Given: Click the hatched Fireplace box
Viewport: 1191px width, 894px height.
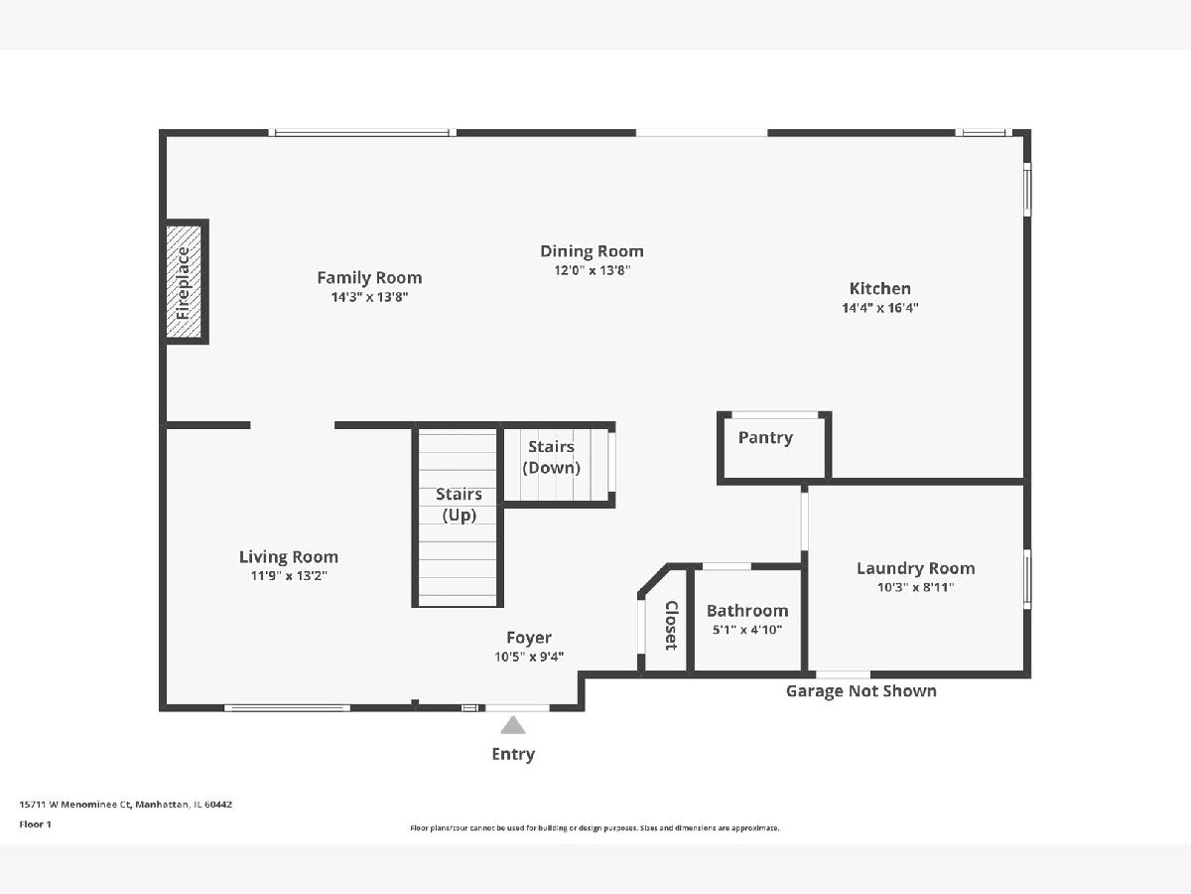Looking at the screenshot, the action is coord(184,282).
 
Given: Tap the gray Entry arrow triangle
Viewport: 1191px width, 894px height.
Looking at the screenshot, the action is coord(513,725).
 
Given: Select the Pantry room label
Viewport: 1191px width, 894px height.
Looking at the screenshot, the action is coord(765,437).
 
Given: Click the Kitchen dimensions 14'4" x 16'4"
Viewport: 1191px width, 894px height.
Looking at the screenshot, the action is coord(880,308).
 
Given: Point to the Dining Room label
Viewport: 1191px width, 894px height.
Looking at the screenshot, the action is coord(592,251).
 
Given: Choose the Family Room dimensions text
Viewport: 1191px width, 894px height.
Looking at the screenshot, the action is coord(369,297).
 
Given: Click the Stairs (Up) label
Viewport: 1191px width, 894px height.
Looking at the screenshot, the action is coord(460,505).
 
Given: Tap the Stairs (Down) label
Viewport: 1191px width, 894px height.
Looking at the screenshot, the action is coord(551,457).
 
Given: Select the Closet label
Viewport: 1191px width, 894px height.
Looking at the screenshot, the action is coord(671,626).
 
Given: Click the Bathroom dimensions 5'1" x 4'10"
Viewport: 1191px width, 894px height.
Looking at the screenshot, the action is coord(747,630).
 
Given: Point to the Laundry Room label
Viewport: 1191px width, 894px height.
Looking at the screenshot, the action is coord(916,568).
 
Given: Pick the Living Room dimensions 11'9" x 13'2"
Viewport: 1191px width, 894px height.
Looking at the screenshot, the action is coord(289,575).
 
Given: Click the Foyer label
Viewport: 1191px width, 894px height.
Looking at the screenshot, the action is coord(529,638).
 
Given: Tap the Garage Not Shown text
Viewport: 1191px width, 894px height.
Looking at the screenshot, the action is coord(861,691).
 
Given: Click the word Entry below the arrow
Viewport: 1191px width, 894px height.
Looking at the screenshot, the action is coord(513,754).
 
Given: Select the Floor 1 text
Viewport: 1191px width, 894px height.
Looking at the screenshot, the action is coord(36,824).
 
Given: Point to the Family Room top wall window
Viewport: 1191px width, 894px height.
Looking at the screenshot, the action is coord(362,132).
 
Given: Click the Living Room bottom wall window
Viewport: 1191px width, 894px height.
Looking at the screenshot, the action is coord(287,708).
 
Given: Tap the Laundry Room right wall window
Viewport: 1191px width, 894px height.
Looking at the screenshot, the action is coord(1027,579).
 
